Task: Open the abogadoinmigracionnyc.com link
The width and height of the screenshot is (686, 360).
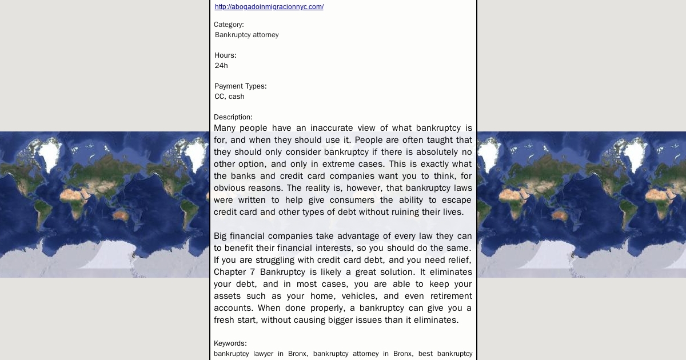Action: coord(269,7)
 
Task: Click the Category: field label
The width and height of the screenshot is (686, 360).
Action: coord(229,25)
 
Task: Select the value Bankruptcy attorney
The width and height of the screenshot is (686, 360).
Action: coord(246,35)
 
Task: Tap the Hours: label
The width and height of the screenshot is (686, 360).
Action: coord(225,55)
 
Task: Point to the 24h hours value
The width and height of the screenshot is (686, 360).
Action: coord(221,66)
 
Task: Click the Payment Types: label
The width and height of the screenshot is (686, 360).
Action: coord(240,86)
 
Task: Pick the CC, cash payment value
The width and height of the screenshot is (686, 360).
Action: coord(229,97)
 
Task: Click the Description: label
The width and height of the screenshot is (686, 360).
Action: coord(233,117)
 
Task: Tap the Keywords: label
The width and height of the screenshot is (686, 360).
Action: coord(230,343)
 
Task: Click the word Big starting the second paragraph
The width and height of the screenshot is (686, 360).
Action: coord(221,236)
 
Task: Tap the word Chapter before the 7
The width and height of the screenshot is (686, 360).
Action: coord(230,272)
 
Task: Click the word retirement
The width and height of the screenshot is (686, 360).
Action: coord(447,296)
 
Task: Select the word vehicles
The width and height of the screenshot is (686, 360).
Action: coord(358,296)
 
